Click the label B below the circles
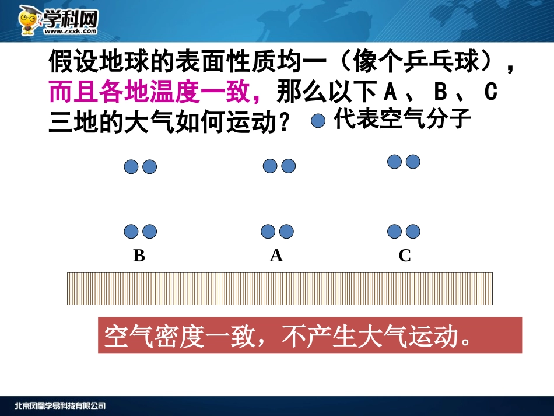(139, 256)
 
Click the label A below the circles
(276, 256)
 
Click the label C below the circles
(405, 256)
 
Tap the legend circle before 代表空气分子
(318, 121)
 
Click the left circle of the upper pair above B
(131, 167)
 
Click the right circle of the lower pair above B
(150, 232)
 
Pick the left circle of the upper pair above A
(270, 166)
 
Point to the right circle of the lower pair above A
(286, 232)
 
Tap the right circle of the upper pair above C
(413, 162)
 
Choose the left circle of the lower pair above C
(395, 232)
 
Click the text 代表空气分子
(402, 119)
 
